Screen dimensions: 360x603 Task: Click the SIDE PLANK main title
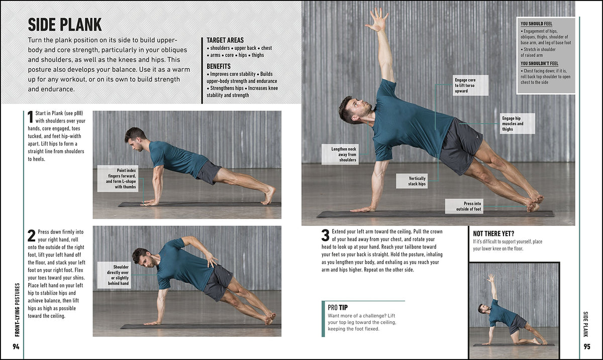point(65,24)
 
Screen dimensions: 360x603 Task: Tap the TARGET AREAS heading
point(225,40)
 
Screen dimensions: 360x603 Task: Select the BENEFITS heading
point(219,66)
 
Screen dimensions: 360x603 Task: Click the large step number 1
point(30,117)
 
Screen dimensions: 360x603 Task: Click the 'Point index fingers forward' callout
point(119,179)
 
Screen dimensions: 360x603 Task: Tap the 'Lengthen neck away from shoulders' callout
point(344,154)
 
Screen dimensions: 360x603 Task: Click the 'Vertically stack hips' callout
point(417,181)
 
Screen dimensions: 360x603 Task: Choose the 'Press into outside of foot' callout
point(464,206)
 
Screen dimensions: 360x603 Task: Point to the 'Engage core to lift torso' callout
point(464,85)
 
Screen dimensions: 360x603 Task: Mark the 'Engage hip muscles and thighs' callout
point(512,124)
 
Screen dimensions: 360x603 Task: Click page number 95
point(587,347)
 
